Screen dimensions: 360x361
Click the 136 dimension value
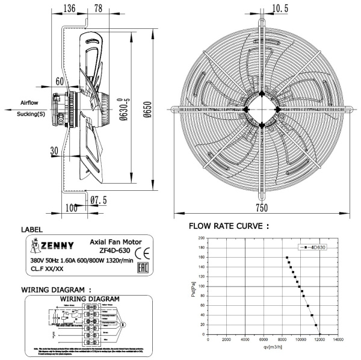pyautogui.click(x=69, y=9)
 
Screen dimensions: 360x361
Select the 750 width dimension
pyautogui.click(x=261, y=208)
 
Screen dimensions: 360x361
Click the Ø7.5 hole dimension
pyautogui.click(x=99, y=200)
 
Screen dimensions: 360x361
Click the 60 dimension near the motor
pyautogui.click(x=60, y=81)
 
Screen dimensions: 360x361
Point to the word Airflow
pyautogui.click(x=29, y=103)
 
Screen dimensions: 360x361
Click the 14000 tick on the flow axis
pyautogui.click(x=339, y=340)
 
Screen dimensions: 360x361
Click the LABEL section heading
pyautogui.click(x=32, y=230)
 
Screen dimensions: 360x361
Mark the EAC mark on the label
pyautogui.click(x=143, y=267)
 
